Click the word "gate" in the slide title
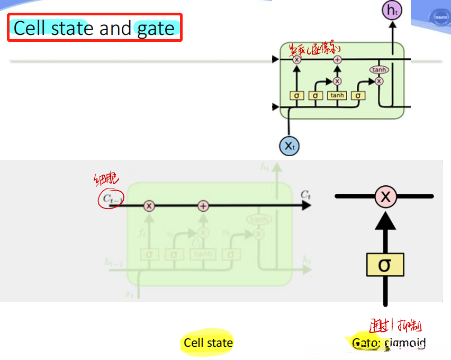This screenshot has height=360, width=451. [x=156, y=29]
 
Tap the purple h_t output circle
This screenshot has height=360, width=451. [x=392, y=10]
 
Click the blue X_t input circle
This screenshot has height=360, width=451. [x=289, y=146]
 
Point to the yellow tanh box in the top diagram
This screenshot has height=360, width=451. [x=337, y=95]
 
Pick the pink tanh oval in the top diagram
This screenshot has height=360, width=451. [x=379, y=70]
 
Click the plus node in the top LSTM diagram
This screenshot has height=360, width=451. [x=337, y=60]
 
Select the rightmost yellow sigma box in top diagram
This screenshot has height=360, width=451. [x=358, y=95]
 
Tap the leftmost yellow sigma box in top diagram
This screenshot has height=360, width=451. [x=296, y=95]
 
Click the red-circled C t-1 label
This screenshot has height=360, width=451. [x=110, y=200]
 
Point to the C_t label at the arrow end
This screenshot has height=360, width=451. [x=305, y=195]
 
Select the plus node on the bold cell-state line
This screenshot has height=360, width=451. [x=203, y=206]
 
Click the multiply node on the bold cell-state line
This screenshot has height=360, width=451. [x=149, y=206]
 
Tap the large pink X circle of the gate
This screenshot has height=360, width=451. [x=385, y=197]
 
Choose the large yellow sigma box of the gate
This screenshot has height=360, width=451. [x=385, y=264]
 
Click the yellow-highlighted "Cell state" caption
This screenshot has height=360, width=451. [x=208, y=343]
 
